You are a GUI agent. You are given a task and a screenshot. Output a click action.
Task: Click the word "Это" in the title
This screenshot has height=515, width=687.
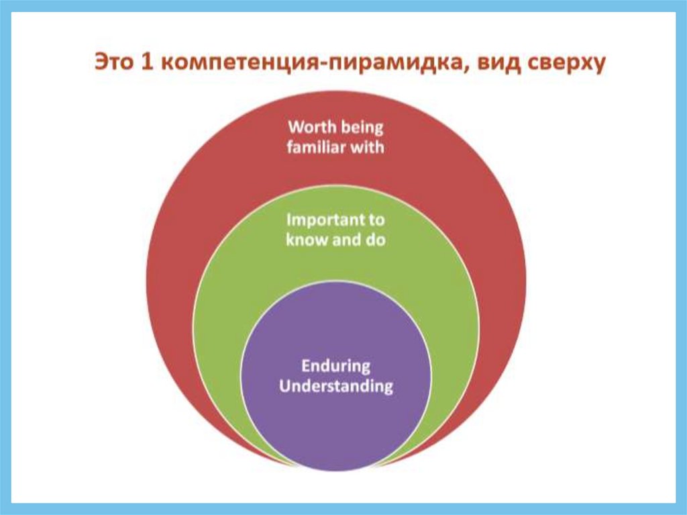point(113,62)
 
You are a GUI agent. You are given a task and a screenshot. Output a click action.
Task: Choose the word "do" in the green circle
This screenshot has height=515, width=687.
point(376,240)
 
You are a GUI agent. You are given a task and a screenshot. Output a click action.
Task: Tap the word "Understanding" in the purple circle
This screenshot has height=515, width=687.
point(336,387)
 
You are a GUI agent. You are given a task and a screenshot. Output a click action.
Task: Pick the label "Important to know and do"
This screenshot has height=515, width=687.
point(335,230)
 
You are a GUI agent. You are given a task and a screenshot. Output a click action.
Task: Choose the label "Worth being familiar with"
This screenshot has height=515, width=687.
point(335,137)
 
